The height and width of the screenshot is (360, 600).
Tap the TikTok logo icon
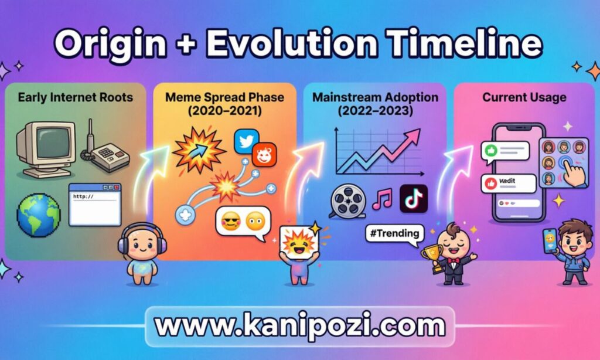(414, 199)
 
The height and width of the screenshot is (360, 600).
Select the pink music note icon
(382, 199)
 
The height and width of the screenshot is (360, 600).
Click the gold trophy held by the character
(432, 256)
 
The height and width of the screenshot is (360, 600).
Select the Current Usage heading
(524, 97)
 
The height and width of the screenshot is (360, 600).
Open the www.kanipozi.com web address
(299, 325)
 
